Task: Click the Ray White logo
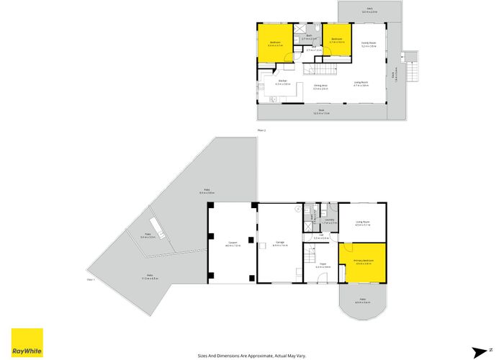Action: pyautogui.click(x=27, y=343)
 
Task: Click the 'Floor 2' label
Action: pyautogui.click(x=261, y=130)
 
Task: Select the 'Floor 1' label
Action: pyautogui.click(x=91, y=279)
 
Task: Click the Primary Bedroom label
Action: pyautogui.click(x=364, y=261)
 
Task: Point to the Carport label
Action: pyautogui.click(x=233, y=243)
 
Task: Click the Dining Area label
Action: pyautogui.click(x=321, y=86)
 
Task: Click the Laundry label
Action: pyautogui.click(x=330, y=221)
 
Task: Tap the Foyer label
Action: pyautogui.click(x=323, y=264)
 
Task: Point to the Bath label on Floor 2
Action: pyautogui.click(x=308, y=36)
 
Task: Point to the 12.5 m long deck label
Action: pyautogui.click(x=321, y=112)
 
